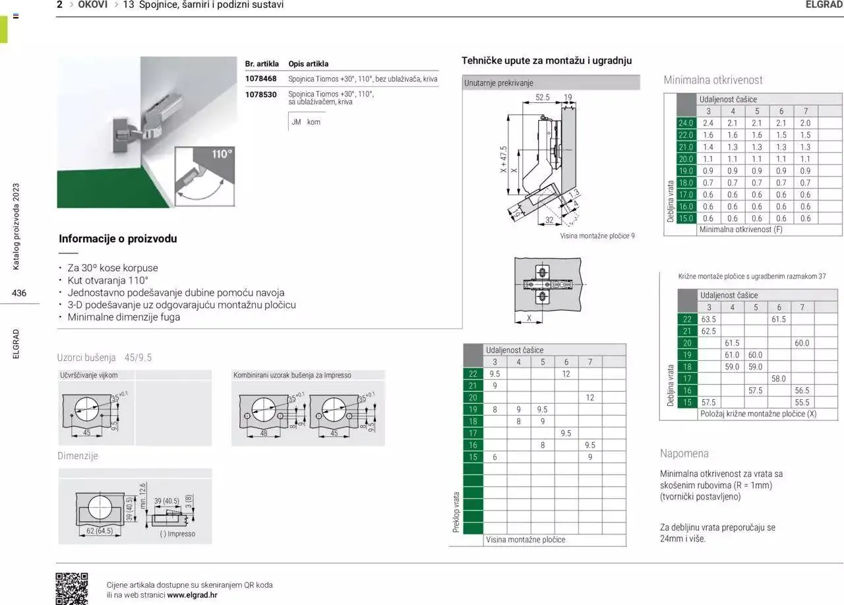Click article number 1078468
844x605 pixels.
[260, 79]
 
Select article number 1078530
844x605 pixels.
[260, 94]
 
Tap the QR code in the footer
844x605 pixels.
[71, 588]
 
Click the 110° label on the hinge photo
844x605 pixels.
[222, 154]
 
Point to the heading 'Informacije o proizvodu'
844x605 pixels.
[118, 239]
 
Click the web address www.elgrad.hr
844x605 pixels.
[192, 594]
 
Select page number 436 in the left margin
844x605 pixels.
[19, 293]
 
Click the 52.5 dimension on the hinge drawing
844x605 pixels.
[542, 97]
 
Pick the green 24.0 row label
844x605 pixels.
[686, 123]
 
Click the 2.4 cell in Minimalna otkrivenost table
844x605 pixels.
[708, 123]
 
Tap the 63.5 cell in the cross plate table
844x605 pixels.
[709, 319]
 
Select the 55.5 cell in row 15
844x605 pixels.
[802, 402]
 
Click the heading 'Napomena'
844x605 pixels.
[684, 453]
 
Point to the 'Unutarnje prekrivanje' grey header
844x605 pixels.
[498, 83]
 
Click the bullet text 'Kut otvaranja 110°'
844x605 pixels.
[108, 280]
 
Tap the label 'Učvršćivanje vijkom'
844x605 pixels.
[89, 375]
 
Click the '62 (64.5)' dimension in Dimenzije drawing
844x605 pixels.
[100, 530]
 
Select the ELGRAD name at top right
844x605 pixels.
[824, 5]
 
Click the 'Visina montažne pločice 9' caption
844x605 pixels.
[597, 236]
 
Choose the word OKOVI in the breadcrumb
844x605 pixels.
[92, 5]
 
